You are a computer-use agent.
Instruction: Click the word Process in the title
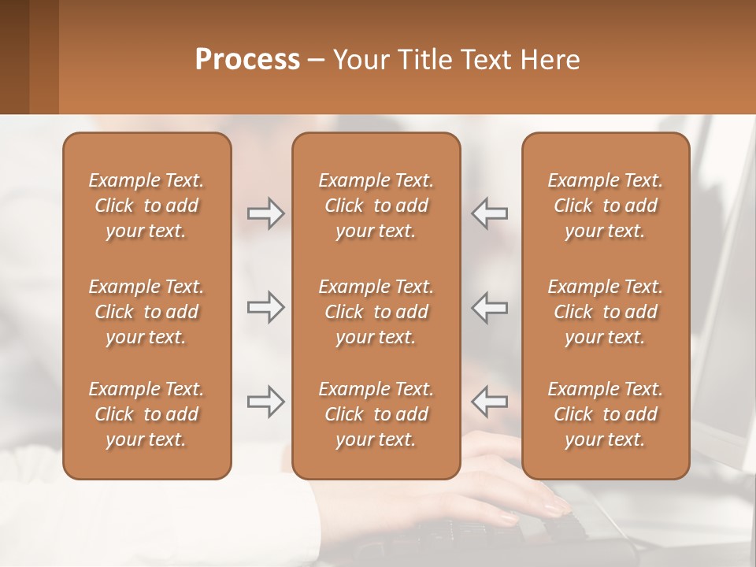click(x=247, y=60)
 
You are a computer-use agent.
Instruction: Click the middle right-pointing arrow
click(x=265, y=307)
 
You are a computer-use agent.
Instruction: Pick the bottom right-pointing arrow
click(x=265, y=402)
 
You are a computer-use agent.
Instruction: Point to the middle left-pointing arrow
click(x=490, y=307)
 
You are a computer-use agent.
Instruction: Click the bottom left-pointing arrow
click(x=490, y=402)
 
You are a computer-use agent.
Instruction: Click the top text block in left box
click(x=146, y=206)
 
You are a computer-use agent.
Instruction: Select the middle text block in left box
click(x=146, y=312)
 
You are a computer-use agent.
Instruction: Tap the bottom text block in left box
click(x=146, y=414)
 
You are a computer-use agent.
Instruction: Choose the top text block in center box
click(x=376, y=206)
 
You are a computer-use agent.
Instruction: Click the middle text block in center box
click(x=376, y=312)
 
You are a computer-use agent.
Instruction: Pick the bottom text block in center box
click(x=376, y=414)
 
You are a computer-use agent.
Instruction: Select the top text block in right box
click(x=606, y=206)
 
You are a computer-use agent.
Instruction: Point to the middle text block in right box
click(x=606, y=312)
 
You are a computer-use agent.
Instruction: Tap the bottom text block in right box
click(x=606, y=414)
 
